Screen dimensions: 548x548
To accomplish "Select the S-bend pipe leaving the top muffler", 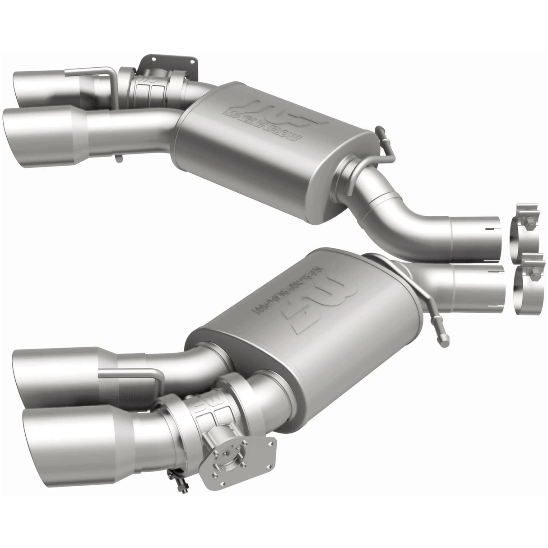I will [402, 212].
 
